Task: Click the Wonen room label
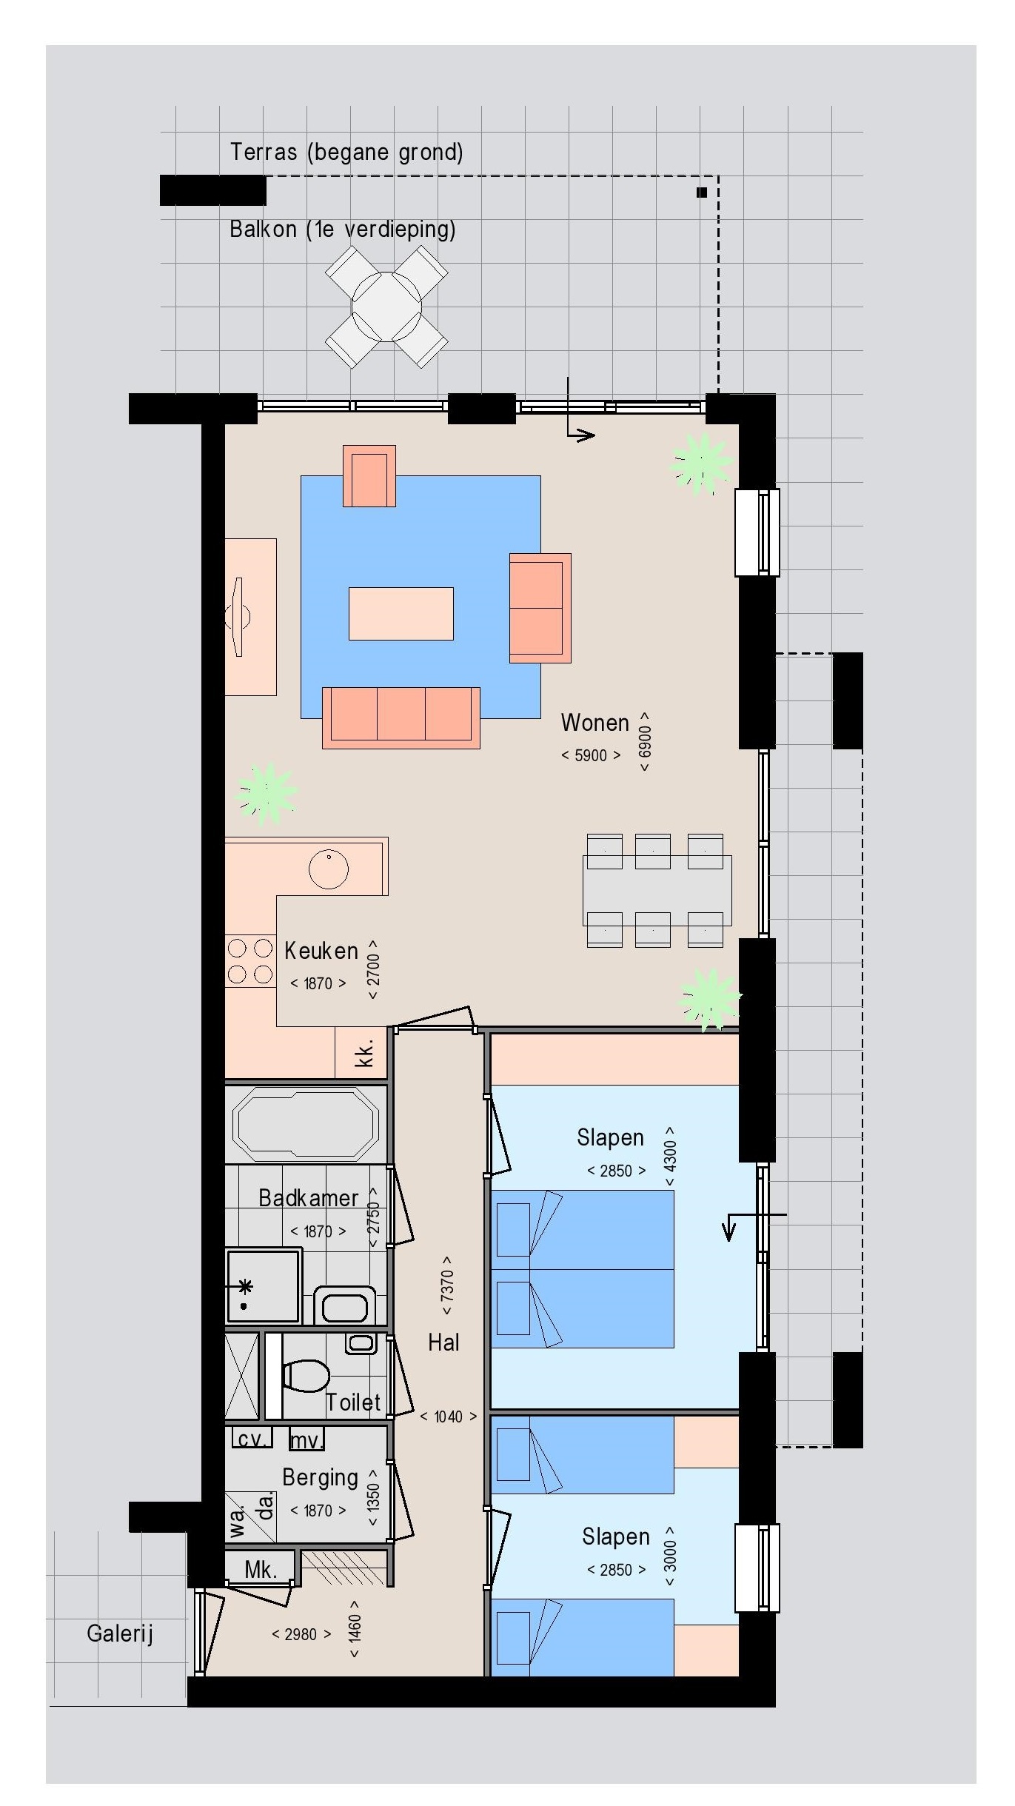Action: point(594,722)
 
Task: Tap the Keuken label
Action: point(321,950)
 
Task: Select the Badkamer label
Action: point(308,1197)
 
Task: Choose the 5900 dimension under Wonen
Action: point(591,755)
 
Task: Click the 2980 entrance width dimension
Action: point(301,1634)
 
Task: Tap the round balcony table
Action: point(386,306)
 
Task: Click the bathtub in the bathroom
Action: point(306,1124)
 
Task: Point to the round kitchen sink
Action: point(329,869)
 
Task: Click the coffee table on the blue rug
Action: point(401,613)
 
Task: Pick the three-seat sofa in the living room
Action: point(401,718)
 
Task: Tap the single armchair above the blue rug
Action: point(369,476)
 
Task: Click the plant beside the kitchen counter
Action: point(266,793)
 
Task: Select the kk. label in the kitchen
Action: point(364,1052)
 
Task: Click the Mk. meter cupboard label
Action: point(261,1569)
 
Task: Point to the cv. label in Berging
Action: point(252,1439)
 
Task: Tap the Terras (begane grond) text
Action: point(346,152)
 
